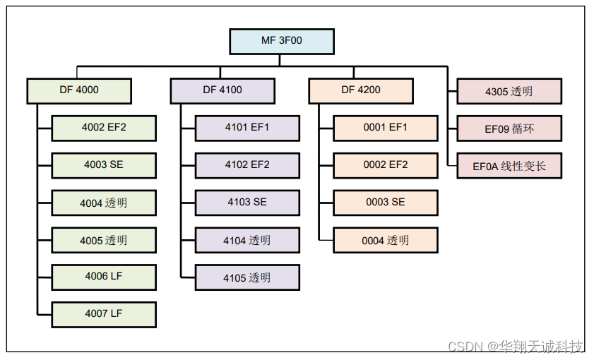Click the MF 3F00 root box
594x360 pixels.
[281, 41]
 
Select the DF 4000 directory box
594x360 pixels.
[79, 90]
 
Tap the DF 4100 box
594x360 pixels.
[222, 90]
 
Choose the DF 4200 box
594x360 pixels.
[361, 90]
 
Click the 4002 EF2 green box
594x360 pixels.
[104, 128]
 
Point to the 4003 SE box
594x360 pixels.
[104, 165]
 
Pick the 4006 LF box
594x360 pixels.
[104, 277]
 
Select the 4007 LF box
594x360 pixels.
[104, 314]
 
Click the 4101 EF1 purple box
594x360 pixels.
[247, 128]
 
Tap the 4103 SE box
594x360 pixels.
[247, 203]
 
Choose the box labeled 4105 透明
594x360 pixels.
[247, 277]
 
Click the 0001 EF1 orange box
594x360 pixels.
[386, 128]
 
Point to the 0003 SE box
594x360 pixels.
[386, 203]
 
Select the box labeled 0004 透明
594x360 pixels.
[386, 240]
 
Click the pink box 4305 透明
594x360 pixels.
[509, 92]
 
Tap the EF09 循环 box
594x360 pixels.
[509, 129]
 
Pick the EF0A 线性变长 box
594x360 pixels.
[509, 167]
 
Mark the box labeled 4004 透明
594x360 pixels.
[104, 203]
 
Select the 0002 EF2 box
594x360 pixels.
[386, 165]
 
